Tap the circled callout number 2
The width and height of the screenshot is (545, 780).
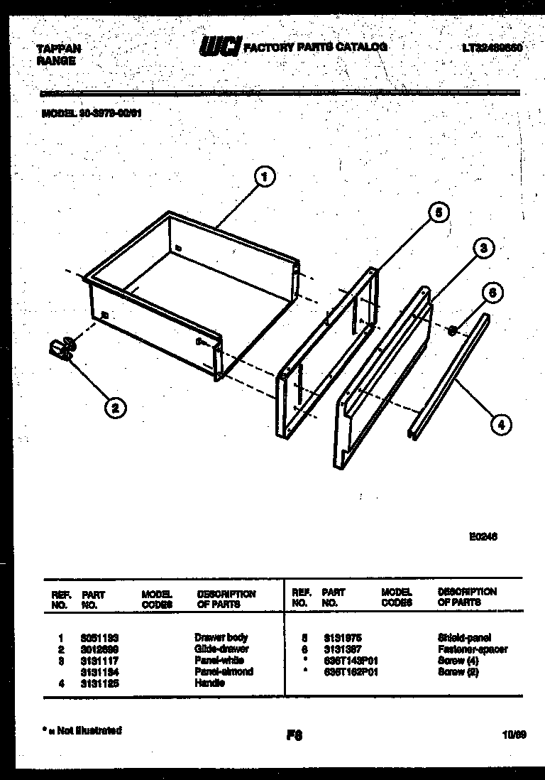click(114, 407)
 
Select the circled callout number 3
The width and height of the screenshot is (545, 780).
click(483, 248)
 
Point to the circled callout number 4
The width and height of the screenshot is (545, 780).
click(500, 425)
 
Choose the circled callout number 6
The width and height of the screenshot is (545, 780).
click(494, 292)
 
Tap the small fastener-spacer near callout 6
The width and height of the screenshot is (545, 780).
click(452, 328)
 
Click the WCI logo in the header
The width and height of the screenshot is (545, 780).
click(220, 47)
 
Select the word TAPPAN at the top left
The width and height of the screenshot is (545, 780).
click(58, 48)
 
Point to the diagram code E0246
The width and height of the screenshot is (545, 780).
click(483, 538)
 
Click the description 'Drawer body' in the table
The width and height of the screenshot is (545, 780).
click(221, 637)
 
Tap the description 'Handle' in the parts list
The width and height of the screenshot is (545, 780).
click(209, 683)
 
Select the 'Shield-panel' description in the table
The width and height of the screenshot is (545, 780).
click(464, 637)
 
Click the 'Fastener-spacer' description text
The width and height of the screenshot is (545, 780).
click(473, 649)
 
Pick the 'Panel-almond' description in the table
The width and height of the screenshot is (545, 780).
click(224, 671)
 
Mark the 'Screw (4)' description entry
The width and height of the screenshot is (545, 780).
click(458, 661)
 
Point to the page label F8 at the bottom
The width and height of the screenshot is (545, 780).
click(294, 736)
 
